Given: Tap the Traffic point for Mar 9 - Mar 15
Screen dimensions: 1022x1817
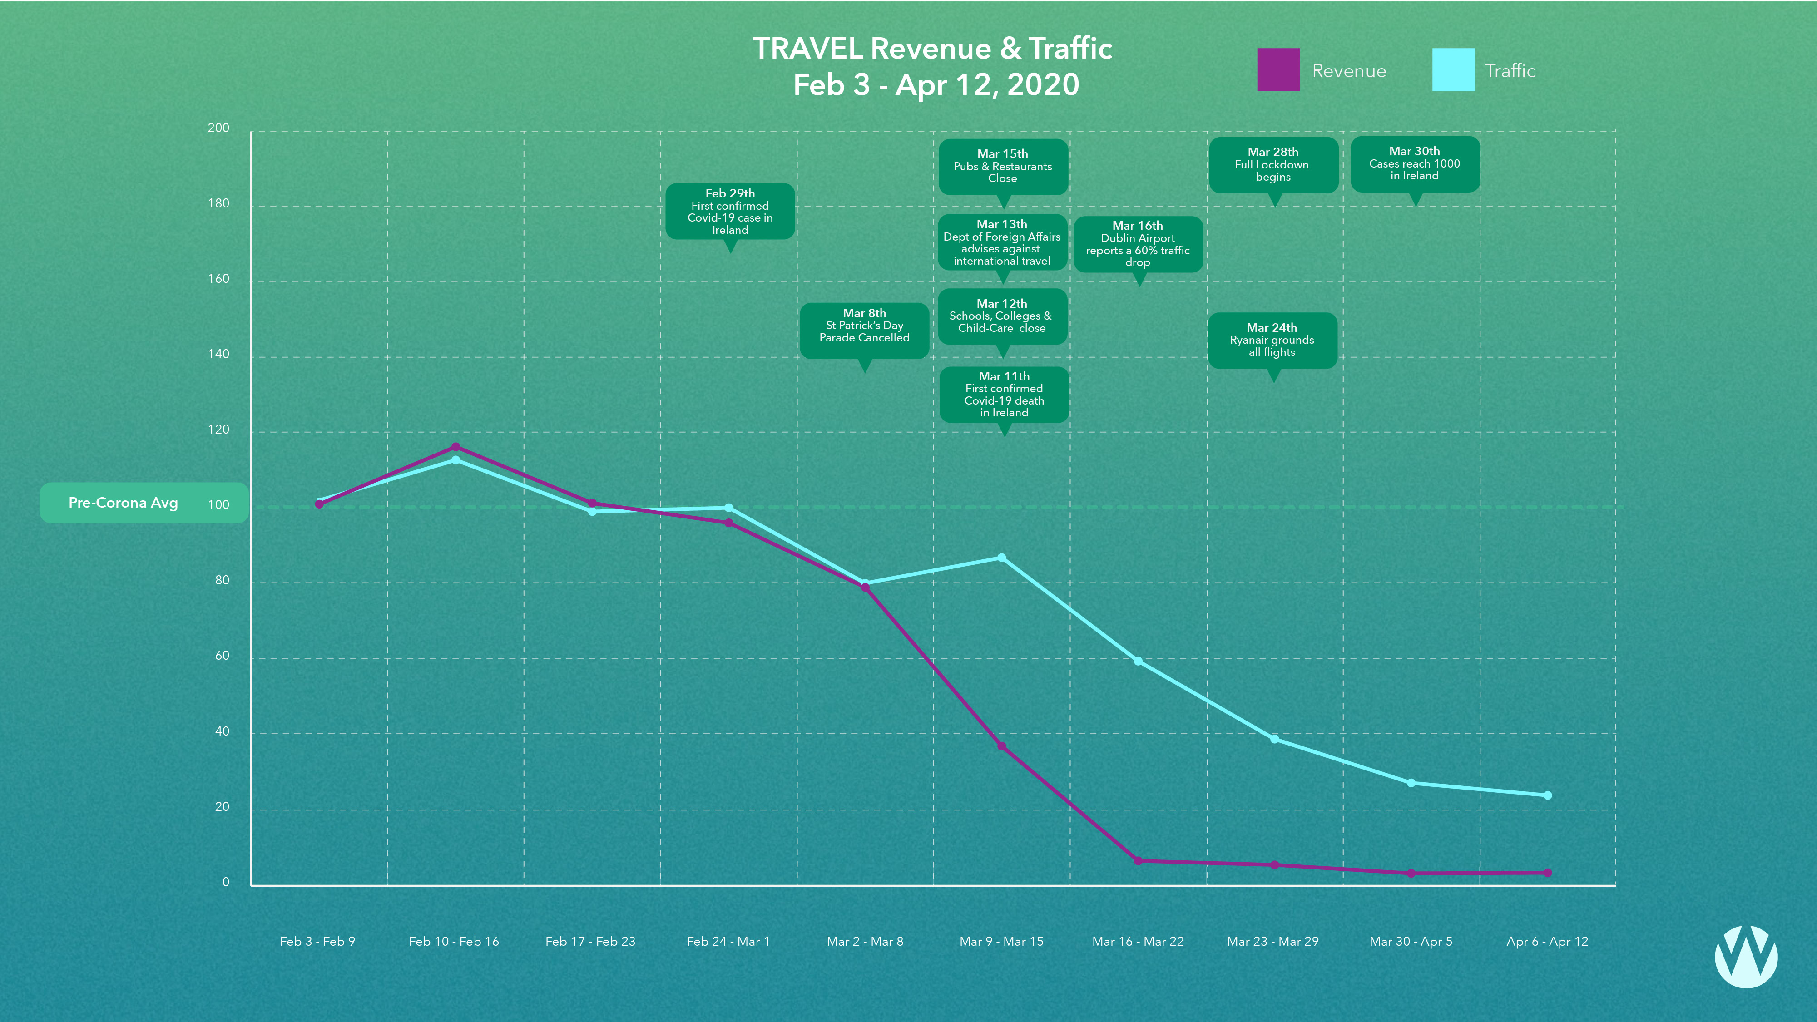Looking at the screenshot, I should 1002,558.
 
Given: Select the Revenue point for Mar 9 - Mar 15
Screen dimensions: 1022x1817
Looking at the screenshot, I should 1002,746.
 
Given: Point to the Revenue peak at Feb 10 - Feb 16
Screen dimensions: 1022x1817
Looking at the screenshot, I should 455,447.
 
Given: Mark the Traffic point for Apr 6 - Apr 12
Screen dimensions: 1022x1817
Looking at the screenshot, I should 1548,795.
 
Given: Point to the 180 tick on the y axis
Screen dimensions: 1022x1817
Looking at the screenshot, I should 218,204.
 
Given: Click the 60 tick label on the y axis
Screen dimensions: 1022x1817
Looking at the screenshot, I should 222,656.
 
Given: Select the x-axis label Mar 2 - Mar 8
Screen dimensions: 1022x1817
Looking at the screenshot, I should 865,942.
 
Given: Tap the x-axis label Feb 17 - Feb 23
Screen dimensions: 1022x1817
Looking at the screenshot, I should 590,942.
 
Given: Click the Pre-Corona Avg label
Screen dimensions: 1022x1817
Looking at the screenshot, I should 124,503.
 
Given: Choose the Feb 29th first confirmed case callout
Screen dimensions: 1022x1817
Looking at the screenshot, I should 730,212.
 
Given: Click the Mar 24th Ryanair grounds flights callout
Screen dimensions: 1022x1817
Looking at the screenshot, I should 1272,340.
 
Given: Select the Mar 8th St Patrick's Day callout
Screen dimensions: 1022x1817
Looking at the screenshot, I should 864,326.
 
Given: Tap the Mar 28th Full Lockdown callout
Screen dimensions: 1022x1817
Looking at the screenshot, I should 1273,164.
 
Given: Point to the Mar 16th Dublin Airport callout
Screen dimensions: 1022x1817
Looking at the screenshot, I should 1138,244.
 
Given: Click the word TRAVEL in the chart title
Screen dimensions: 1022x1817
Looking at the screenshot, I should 808,49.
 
